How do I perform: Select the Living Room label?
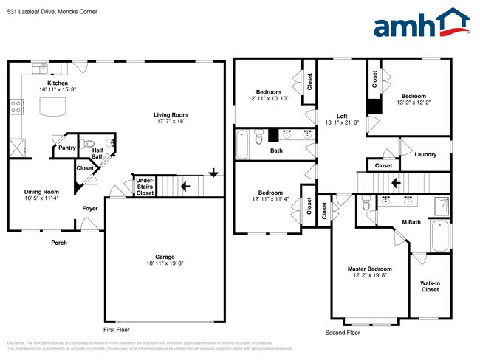171,114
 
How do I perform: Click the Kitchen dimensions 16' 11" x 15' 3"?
58,90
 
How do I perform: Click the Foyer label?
89,208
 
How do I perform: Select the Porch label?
58,243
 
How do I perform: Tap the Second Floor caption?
343,333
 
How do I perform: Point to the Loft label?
342,116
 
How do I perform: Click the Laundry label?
425,154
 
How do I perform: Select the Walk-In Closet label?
430,285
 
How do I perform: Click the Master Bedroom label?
369,269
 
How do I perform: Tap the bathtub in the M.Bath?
439,235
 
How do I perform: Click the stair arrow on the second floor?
395,182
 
